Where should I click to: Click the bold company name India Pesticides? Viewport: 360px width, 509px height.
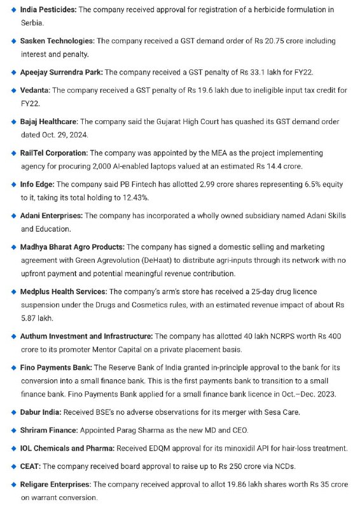48,10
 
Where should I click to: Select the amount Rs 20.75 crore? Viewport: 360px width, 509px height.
266,41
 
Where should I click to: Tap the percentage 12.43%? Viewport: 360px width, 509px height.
146,197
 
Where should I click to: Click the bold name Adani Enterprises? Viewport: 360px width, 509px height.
51,216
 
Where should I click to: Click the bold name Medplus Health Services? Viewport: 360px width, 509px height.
64,291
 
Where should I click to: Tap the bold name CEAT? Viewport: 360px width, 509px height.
31,466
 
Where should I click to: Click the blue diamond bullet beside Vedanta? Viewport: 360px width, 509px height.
14,91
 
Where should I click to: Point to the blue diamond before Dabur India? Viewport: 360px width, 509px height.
14,412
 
